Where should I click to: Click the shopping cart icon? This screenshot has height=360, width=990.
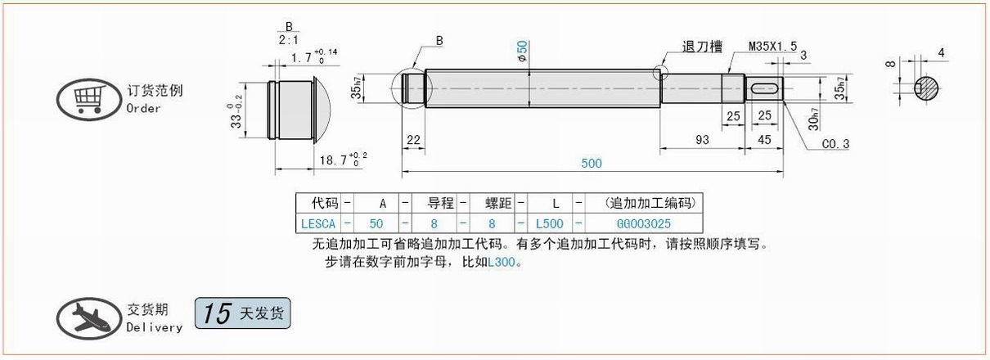(88, 99)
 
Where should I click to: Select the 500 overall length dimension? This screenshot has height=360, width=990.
(592, 164)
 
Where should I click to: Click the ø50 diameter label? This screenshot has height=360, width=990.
(522, 52)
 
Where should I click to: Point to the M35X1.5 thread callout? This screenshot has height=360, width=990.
(772, 46)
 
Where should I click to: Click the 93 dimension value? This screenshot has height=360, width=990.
(702, 140)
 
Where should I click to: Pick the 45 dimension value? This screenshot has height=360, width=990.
(764, 140)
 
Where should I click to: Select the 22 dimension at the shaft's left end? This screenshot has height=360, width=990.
(413, 140)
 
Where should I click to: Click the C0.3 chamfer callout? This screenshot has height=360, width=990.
(835, 144)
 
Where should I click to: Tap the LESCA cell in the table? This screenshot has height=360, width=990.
(318, 224)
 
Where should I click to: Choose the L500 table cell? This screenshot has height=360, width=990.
(549, 224)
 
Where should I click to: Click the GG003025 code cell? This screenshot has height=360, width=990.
(643, 224)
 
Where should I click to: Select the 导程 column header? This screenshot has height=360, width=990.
(440, 203)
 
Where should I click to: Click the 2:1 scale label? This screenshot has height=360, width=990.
(289, 40)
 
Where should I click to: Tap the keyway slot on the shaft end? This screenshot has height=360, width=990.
(764, 89)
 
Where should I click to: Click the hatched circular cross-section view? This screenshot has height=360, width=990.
(926, 88)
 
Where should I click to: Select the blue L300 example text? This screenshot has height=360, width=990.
(502, 263)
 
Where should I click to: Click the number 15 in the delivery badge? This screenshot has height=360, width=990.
(217, 313)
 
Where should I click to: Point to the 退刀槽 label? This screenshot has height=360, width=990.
(702, 47)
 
